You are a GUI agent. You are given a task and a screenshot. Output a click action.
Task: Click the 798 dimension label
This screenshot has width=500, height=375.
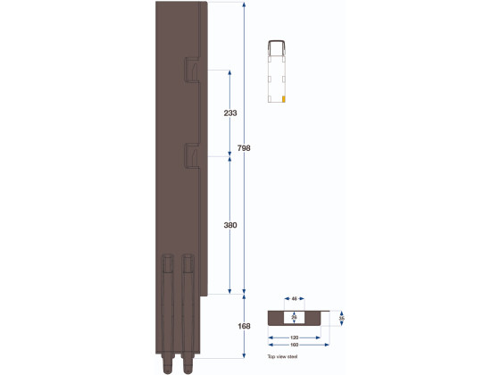(257, 148)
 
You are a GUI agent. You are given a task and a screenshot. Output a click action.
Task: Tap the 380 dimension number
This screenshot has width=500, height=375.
(230, 226)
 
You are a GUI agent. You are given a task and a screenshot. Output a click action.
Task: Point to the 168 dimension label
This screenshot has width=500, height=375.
(245, 326)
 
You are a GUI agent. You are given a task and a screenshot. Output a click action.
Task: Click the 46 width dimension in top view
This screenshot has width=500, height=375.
(295, 299)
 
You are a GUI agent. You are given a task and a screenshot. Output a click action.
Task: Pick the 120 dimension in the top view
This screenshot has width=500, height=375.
(295, 337)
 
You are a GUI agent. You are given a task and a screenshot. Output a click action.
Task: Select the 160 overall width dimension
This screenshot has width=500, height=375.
(295, 345)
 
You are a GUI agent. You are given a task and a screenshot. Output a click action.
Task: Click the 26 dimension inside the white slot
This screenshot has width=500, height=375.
(295, 317)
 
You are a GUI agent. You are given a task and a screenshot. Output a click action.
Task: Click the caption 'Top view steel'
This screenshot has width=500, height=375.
(281, 356)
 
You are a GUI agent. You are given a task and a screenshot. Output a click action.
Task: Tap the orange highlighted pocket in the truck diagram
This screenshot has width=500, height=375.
(284, 97)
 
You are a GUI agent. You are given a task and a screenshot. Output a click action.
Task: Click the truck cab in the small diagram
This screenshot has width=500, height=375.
(276, 48)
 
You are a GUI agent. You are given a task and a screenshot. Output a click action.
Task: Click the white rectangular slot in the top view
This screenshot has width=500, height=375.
(295, 317)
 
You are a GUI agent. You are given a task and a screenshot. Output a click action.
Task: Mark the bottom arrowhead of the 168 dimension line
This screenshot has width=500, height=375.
(245, 357)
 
